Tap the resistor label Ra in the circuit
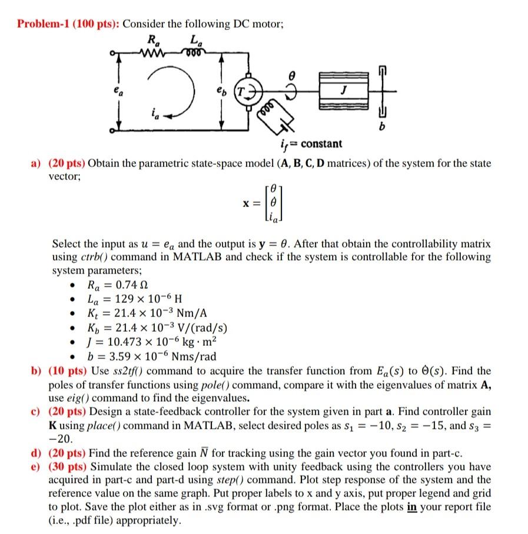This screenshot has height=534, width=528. [x=153, y=41]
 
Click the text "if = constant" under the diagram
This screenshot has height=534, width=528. [x=308, y=144]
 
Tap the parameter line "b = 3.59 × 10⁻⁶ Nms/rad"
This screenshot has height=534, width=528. [x=151, y=356]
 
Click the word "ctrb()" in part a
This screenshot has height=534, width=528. [x=89, y=257]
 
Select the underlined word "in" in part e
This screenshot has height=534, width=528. [x=412, y=508]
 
